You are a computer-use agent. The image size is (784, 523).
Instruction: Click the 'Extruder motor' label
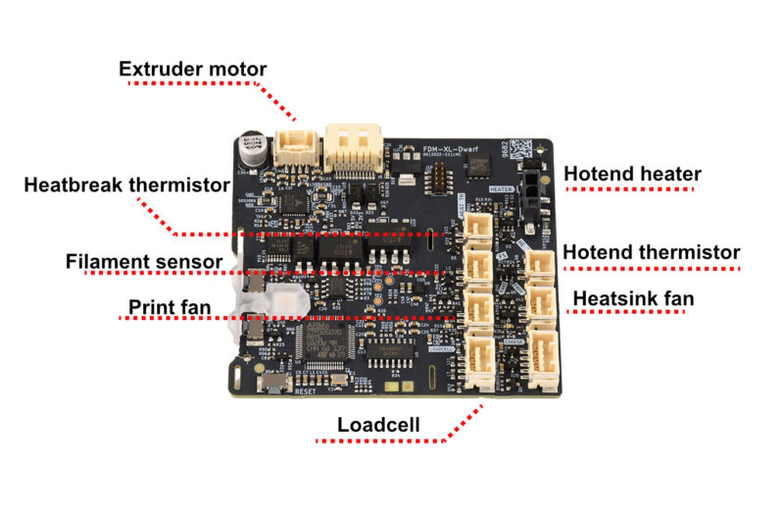(x=192, y=69)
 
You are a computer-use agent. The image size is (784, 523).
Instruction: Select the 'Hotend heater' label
(x=632, y=175)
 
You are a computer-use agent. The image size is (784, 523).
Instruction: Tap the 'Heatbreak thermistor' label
(x=126, y=183)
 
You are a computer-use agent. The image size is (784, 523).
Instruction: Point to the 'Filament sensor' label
(x=144, y=262)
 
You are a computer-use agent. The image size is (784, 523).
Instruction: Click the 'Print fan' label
(x=170, y=307)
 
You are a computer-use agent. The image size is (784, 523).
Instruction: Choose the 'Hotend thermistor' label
(x=651, y=252)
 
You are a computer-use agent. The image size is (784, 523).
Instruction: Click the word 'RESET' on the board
(x=306, y=391)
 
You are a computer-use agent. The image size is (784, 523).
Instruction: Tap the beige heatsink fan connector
(x=540, y=304)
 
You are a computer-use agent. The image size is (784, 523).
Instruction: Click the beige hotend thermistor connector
(x=540, y=263)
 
